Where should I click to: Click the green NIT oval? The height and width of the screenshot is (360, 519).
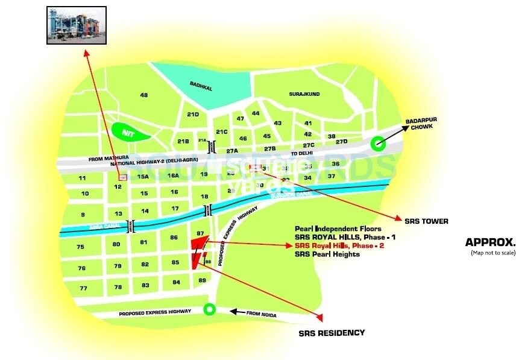(x=128, y=131)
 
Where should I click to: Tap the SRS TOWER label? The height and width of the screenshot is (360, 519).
(x=427, y=221)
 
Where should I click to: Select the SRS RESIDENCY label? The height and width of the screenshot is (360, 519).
(x=332, y=333)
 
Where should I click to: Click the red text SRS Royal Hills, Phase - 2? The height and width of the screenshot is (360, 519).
(x=339, y=246)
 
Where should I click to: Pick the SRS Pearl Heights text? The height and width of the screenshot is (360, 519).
(x=327, y=254)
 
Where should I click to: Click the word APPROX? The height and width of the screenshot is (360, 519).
(x=490, y=242)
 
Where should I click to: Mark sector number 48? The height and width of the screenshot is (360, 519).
(x=143, y=95)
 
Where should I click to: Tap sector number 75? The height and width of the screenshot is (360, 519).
(x=80, y=247)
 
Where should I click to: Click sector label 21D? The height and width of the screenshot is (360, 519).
(x=193, y=115)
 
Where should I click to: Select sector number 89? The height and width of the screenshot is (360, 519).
(x=202, y=280)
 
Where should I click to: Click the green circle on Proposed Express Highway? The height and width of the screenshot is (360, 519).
(x=209, y=310)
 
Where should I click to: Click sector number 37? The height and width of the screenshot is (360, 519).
(x=331, y=176)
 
